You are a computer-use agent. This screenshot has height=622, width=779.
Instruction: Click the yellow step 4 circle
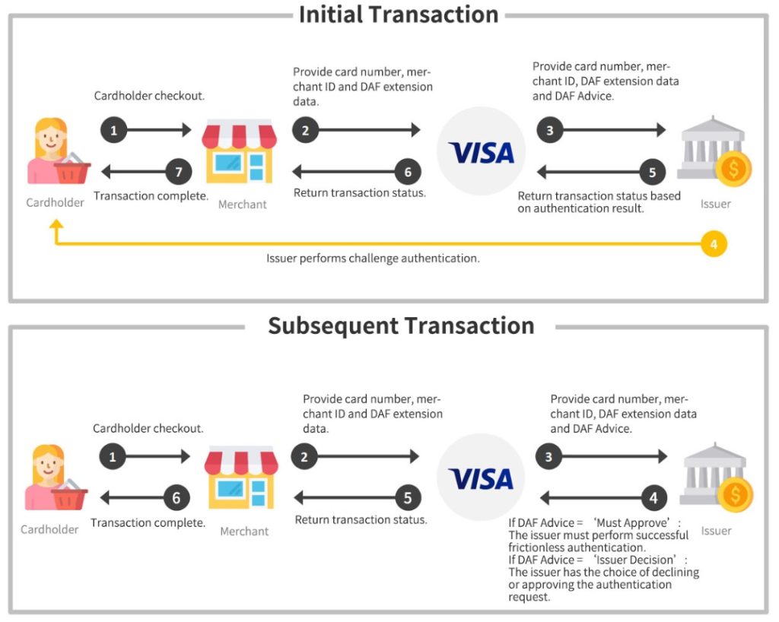point(714,244)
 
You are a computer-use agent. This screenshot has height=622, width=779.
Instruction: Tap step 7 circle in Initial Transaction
point(179,172)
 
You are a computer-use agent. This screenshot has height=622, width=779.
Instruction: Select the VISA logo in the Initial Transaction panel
point(482,153)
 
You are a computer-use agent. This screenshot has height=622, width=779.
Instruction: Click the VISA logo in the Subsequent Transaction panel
point(481,478)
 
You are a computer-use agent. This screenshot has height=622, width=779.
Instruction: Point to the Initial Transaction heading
point(398,14)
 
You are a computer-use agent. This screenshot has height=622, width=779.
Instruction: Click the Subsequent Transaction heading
point(401,325)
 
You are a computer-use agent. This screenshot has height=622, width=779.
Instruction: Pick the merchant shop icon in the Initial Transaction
point(238,151)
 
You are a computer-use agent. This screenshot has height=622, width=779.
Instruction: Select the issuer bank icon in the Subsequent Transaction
point(716,478)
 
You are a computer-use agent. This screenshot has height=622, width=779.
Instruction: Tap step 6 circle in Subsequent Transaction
point(176,498)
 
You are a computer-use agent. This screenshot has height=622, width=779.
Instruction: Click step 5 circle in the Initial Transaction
point(652,172)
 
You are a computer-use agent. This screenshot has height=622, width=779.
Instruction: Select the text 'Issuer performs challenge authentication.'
point(373,259)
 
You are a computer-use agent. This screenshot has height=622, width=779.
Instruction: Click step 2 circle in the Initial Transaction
point(305,130)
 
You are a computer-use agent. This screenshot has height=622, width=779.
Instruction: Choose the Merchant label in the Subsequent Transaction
point(244,532)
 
